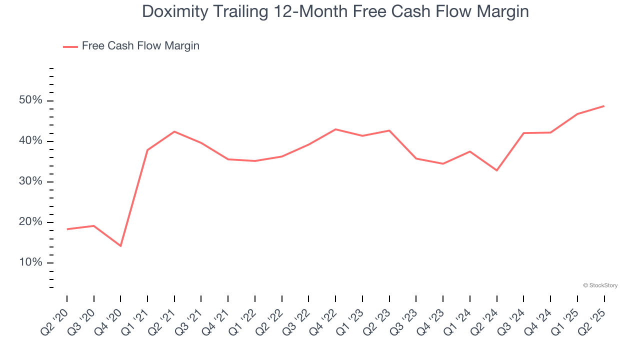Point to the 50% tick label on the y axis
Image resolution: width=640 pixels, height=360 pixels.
point(31,100)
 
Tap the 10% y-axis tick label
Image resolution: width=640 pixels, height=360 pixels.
point(31,263)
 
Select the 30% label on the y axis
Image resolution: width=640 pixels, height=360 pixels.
point(31,182)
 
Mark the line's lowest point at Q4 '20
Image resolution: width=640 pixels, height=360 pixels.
point(120,246)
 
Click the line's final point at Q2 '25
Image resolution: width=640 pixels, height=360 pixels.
point(604,106)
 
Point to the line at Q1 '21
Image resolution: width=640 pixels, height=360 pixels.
point(147,150)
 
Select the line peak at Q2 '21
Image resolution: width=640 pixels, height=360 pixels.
point(174,131)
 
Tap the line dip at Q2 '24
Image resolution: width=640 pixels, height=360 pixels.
point(496,170)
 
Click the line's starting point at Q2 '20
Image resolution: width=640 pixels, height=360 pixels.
point(67,229)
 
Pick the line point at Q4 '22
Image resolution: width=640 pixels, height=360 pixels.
point(335,129)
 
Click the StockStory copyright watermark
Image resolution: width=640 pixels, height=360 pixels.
point(600,285)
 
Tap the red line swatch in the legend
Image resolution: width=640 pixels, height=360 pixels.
point(70,46)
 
